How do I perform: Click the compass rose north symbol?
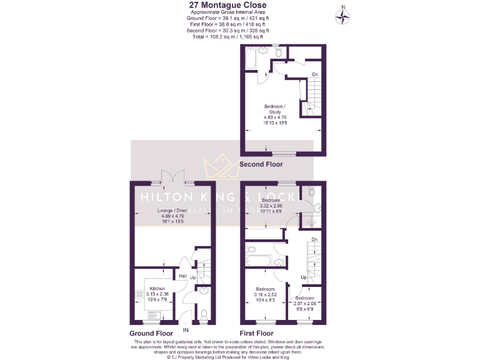pos(342,16)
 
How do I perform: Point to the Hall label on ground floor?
pos(183,276)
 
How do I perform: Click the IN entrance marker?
pos(186,329)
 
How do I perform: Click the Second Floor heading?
pos(261,164)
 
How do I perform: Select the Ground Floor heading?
pos(151,334)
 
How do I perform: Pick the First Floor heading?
pos(257,334)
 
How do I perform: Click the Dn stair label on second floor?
pos(315,75)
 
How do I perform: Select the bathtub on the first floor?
pos(258,261)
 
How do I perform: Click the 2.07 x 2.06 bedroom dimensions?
pos(305,304)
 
